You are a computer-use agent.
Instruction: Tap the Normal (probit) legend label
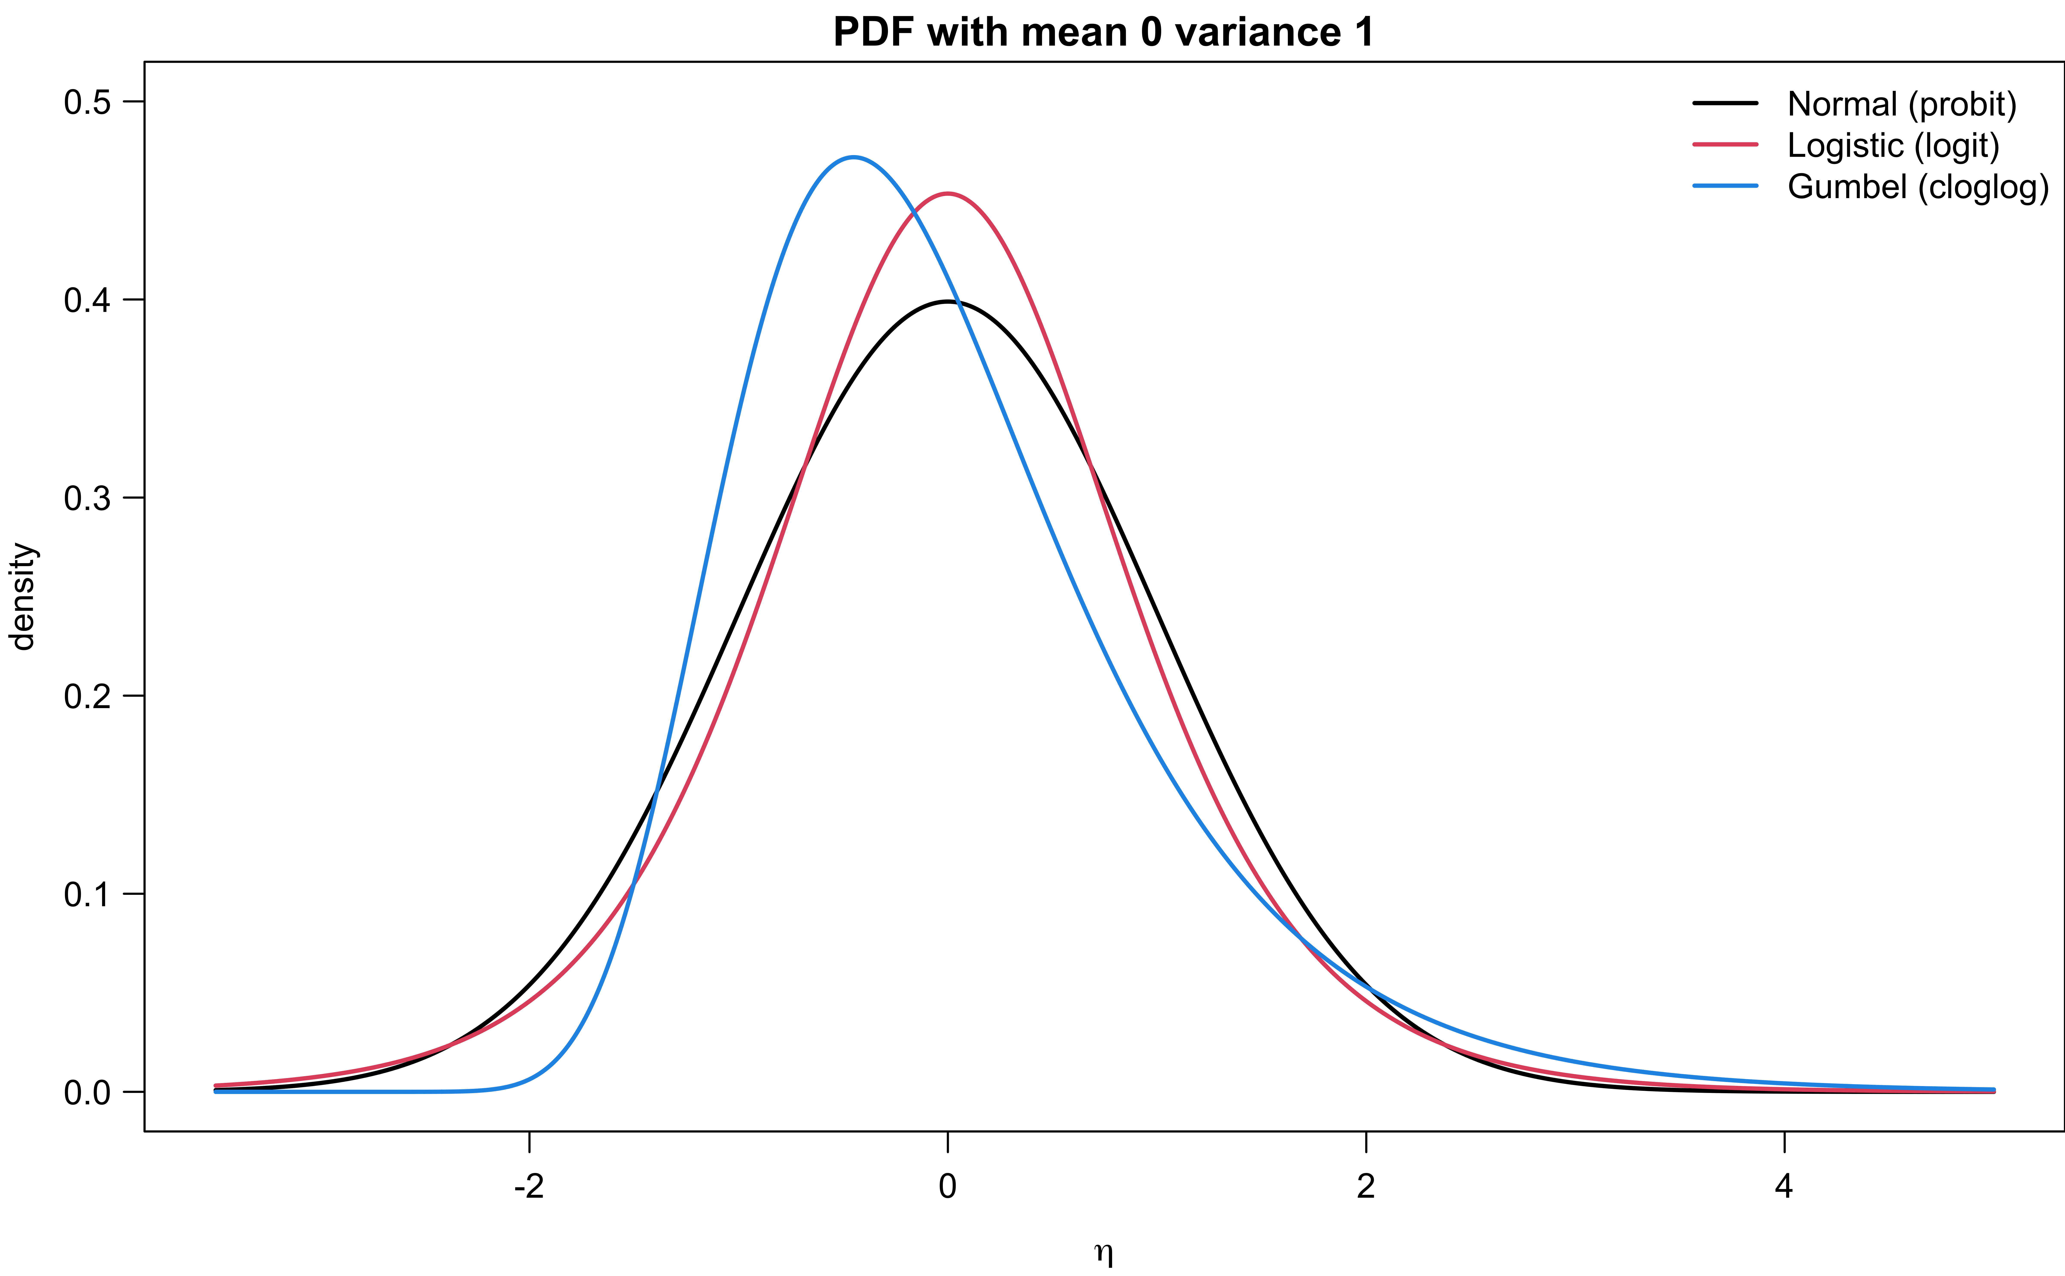1901,104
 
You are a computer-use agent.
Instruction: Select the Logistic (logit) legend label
1893,145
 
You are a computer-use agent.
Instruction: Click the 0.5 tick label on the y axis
87,102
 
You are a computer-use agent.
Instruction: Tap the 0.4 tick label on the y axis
87,301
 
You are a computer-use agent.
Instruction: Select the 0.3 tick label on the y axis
87,498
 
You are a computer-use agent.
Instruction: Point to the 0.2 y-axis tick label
87,696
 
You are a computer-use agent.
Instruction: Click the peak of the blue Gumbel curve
854,157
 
